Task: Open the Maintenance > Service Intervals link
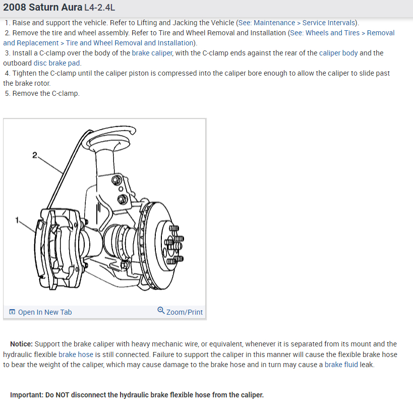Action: (x=305, y=23)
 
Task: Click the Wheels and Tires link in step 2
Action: (x=332, y=33)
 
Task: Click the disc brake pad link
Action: (x=57, y=63)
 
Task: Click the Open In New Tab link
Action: (x=45, y=312)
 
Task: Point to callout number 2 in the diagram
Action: (x=34, y=155)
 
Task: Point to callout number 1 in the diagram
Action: (x=17, y=220)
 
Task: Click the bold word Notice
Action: (x=21, y=344)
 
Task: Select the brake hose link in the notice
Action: (x=76, y=355)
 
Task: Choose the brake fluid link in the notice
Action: (x=341, y=365)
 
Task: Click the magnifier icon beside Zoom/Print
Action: (x=161, y=311)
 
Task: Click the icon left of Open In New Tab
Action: (x=12, y=312)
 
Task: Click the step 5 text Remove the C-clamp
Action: (x=46, y=93)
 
